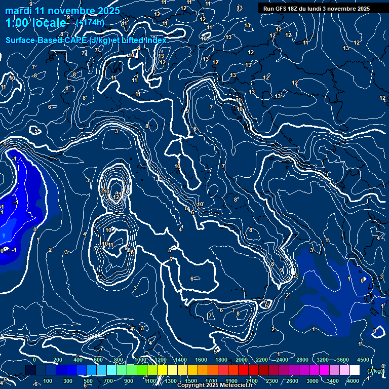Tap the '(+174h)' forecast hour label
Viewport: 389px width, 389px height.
[x=90, y=22]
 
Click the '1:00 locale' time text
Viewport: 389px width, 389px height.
[x=35, y=23]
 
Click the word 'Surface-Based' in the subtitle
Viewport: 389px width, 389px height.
[x=34, y=41]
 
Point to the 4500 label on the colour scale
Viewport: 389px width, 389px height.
[x=363, y=360]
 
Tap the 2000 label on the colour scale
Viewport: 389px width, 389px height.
[x=242, y=360]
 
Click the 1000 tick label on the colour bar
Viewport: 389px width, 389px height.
[x=140, y=360]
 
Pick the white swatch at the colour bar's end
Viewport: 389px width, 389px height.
[x=355, y=370]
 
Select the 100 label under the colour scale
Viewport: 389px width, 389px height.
[x=48, y=381]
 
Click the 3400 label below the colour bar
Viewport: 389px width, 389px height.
[x=332, y=381]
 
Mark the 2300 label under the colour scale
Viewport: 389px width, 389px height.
[x=271, y=381]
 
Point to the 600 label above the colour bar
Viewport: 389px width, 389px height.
[x=98, y=360]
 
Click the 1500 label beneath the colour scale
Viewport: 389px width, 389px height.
[x=191, y=381]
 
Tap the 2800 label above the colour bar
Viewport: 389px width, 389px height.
[x=302, y=360]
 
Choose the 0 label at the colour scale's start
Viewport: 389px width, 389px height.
[x=34, y=360]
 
